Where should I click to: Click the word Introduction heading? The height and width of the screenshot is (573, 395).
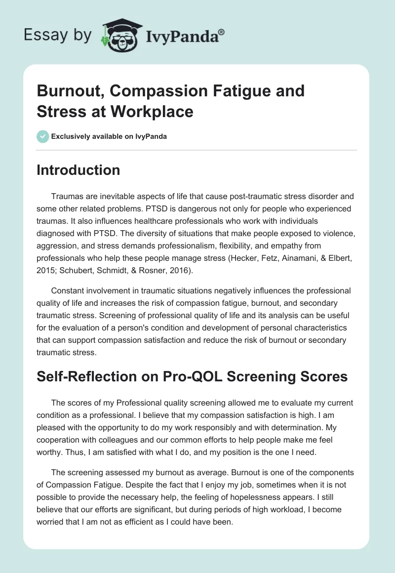click(x=79, y=170)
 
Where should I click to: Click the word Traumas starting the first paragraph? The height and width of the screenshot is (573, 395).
click(x=67, y=197)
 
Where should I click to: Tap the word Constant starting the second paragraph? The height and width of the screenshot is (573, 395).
click(x=68, y=290)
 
